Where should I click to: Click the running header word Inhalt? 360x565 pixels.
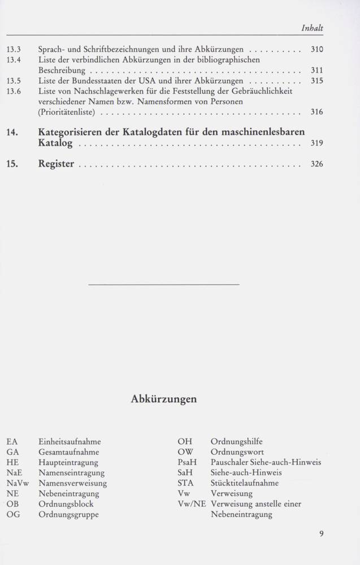tap(312, 28)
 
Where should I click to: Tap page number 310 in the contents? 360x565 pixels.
tap(316, 49)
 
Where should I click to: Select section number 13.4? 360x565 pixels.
tap(14, 60)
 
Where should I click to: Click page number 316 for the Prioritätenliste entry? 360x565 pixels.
tap(316, 112)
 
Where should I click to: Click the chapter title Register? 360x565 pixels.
tap(56, 164)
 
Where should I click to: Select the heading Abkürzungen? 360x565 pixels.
tap(163, 399)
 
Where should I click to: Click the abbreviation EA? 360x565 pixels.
tap(12, 442)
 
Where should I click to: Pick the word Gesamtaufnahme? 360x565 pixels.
tap(68, 452)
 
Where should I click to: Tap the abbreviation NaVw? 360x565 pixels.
tap(18, 483)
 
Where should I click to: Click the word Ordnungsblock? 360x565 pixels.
tap(66, 504)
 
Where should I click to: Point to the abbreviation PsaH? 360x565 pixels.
tap(186, 462)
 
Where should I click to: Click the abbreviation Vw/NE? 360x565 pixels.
tap(192, 504)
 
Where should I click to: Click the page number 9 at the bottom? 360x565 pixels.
tap(321, 533)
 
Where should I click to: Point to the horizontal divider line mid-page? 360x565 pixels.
tap(164, 284)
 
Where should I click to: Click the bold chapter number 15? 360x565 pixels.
tap(14, 164)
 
